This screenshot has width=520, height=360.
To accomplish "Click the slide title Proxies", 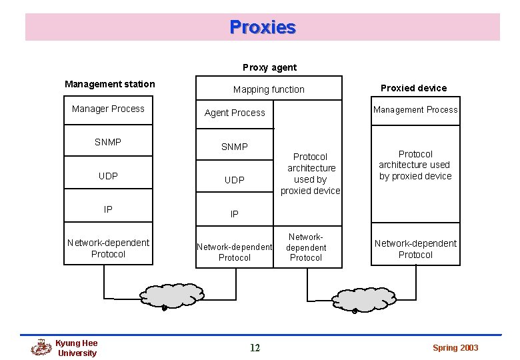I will click(263, 27).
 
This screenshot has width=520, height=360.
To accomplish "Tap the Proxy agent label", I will click(269, 67).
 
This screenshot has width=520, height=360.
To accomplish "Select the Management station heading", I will click(109, 84).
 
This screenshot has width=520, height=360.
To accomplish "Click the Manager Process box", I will click(108, 109).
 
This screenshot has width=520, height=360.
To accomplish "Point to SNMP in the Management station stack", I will click(108, 142).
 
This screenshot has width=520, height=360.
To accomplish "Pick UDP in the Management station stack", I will click(108, 176).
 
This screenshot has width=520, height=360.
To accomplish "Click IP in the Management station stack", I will click(108, 209).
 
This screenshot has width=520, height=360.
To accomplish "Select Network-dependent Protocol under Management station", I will click(108, 248).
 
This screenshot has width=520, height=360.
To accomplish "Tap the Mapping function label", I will click(269, 89).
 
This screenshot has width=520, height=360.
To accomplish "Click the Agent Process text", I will click(235, 113).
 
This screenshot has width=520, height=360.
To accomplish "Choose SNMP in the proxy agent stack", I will click(235, 147).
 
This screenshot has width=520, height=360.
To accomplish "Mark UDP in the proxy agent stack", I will click(235, 180).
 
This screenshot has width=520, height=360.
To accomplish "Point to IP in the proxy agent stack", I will click(235, 214).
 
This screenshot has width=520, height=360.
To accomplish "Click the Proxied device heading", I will click(413, 88).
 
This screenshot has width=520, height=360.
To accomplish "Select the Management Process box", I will click(415, 110).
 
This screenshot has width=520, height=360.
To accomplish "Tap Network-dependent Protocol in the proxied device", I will click(415, 249).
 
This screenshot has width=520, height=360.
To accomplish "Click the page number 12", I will click(255, 347).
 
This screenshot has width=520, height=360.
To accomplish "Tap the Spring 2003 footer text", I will click(455, 348).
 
